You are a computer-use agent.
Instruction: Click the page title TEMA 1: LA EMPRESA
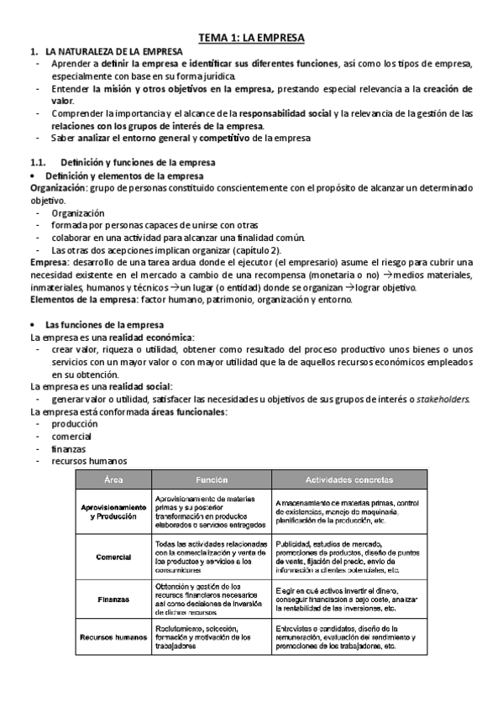point(251,38)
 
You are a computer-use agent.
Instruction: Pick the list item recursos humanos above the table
point(89,461)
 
